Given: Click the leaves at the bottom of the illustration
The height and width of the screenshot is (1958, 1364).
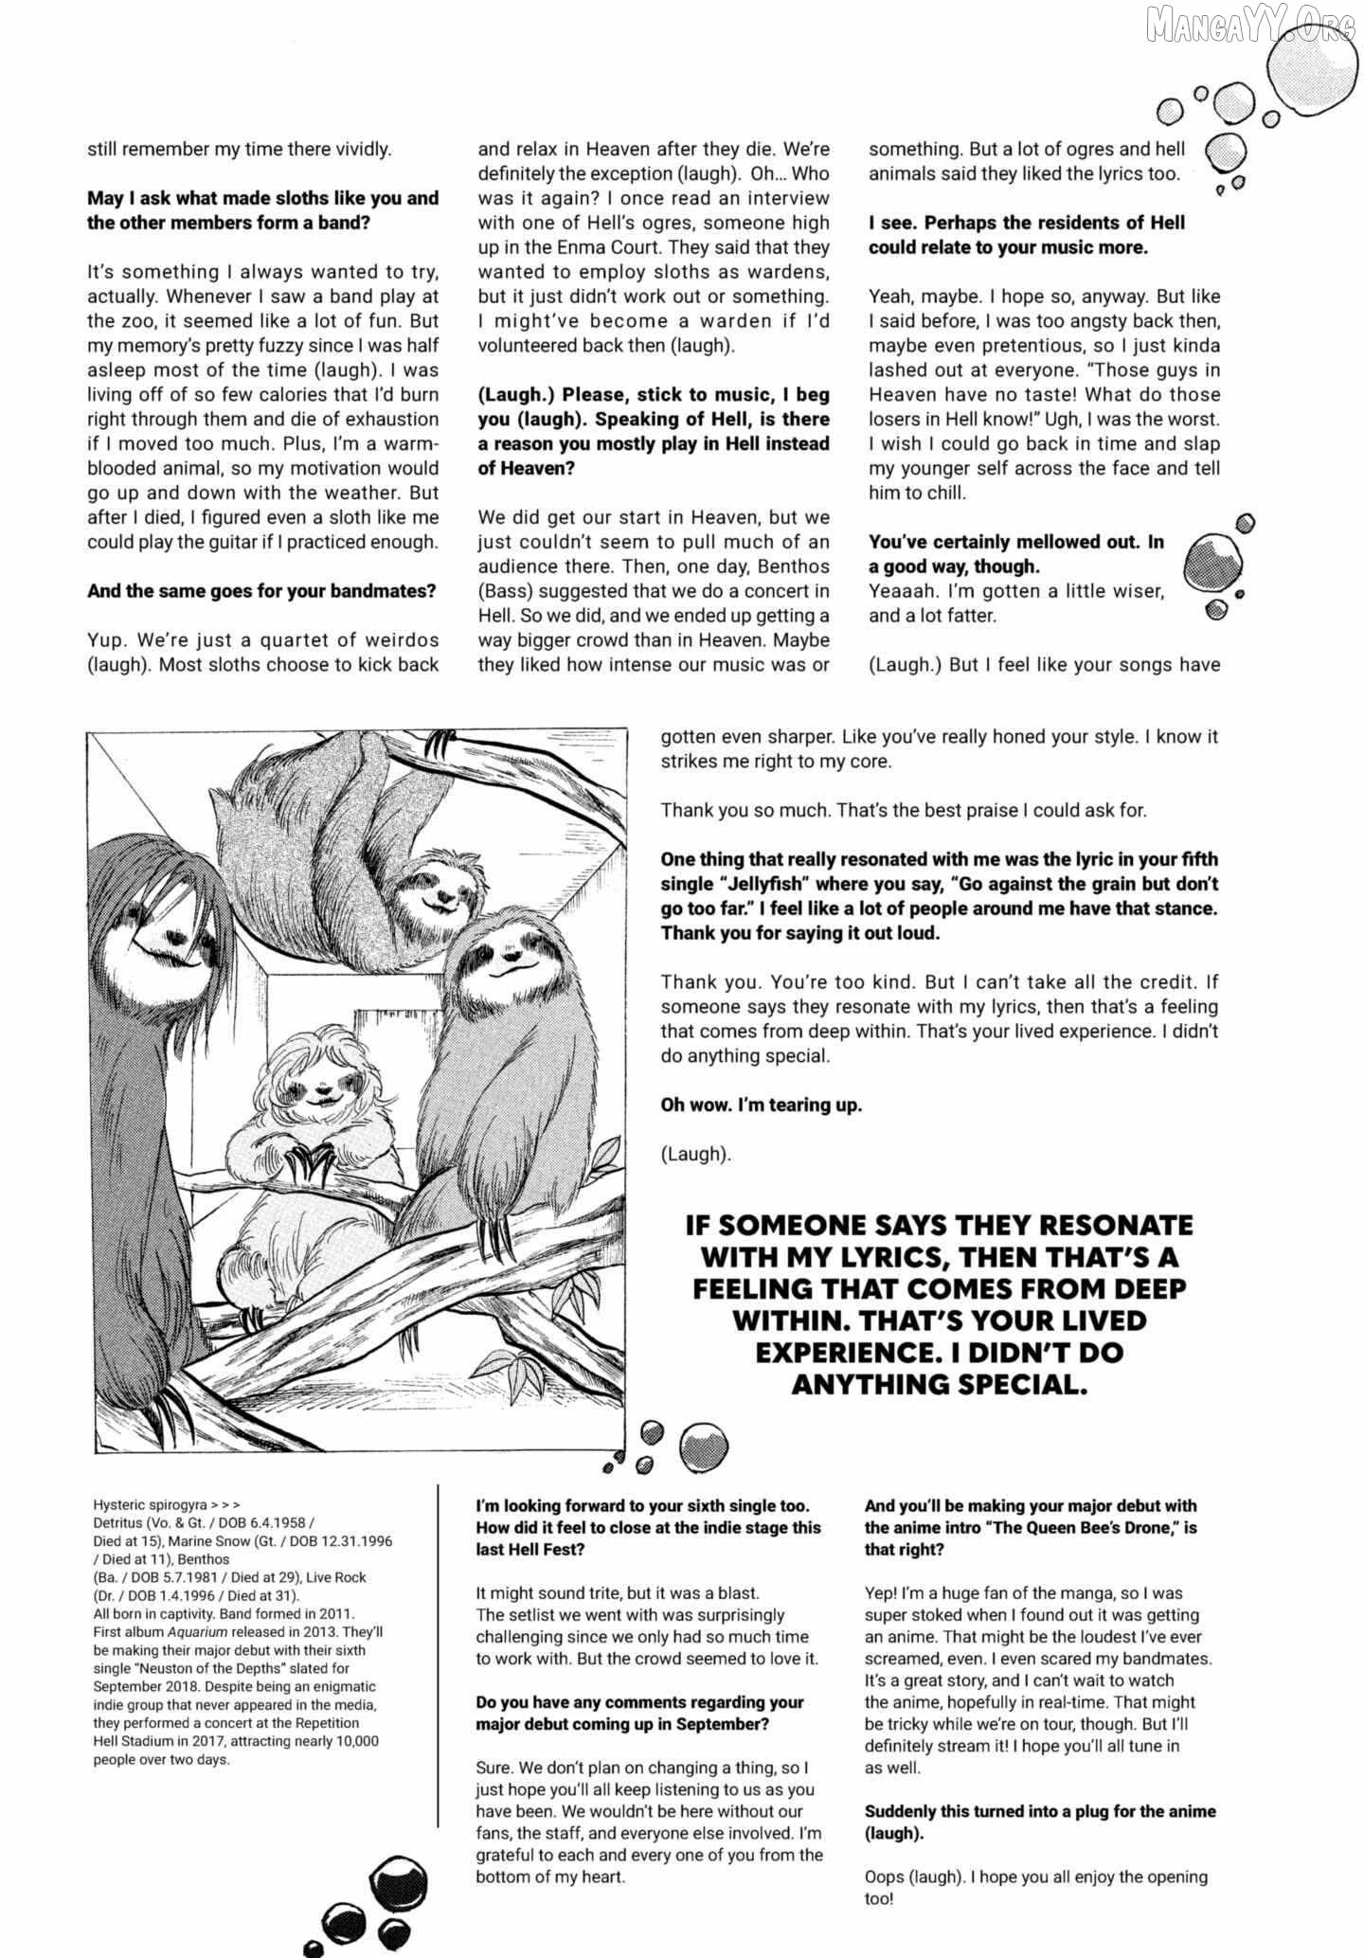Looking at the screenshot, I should (507, 1364).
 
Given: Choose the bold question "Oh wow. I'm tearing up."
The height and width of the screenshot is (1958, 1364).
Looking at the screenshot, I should (762, 1105).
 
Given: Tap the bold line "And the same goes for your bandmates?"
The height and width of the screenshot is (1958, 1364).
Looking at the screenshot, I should (261, 591).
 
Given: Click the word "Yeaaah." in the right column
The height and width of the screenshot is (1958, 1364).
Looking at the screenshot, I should (900, 591).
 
